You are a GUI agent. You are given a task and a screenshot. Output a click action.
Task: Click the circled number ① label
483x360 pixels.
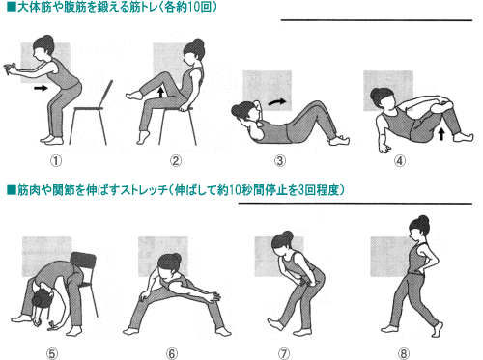[x=56, y=161]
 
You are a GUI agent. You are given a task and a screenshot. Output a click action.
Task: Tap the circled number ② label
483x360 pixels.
[x=176, y=161]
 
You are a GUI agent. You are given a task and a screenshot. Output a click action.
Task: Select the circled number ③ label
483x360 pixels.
[x=280, y=161]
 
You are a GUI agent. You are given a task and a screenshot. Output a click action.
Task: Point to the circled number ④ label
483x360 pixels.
[x=400, y=161]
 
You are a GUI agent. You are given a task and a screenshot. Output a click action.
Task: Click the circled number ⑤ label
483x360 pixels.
[x=51, y=354]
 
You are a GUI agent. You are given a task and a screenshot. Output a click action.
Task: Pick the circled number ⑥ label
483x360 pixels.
[x=172, y=354]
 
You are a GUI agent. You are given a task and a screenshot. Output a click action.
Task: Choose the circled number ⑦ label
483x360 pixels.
[x=283, y=354]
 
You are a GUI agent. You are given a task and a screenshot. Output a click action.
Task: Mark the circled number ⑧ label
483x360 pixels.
[x=404, y=354]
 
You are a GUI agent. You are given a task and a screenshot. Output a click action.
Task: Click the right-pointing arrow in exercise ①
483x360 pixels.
[x=41, y=88]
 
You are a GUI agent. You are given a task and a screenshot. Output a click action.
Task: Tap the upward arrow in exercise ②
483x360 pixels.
[x=161, y=92]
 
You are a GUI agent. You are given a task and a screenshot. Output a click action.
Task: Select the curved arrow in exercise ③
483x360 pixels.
[x=277, y=102]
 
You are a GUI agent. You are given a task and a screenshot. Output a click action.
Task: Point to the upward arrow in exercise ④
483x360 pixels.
[x=441, y=134]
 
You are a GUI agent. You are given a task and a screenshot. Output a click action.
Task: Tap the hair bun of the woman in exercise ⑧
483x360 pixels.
[x=424, y=221]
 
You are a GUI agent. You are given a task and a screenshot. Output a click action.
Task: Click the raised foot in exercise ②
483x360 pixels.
[x=134, y=96]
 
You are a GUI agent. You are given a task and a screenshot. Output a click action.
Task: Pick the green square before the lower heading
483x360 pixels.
[x=12, y=190]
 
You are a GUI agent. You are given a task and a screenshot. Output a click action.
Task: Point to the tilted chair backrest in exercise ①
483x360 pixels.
[x=107, y=95]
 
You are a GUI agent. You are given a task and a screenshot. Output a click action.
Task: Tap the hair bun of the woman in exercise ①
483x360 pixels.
[x=48, y=40]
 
